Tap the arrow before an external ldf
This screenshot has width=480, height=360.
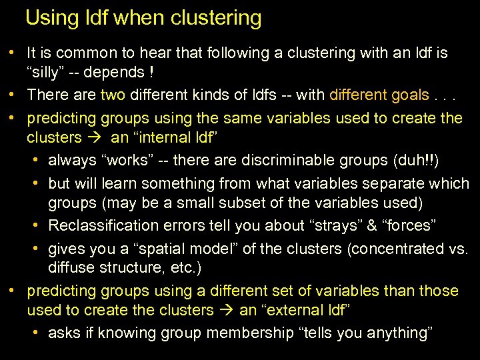click(x=227, y=311)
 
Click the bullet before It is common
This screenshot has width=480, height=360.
click(x=13, y=52)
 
